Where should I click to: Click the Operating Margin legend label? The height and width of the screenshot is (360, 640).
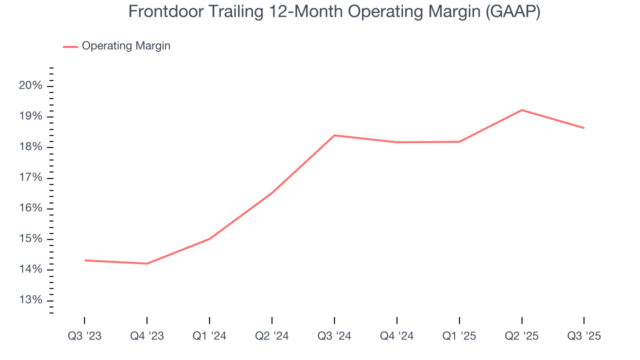pos(126,46)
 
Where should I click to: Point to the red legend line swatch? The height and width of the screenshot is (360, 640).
pos(70,46)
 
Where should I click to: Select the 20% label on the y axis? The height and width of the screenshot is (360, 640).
pos(30,86)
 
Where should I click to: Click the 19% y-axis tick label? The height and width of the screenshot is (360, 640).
pos(30,116)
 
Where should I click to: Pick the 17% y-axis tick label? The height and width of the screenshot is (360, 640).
pos(30,178)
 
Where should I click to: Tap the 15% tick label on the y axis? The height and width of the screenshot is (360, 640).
pos(30,239)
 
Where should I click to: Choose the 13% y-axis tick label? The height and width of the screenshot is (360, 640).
pos(30,300)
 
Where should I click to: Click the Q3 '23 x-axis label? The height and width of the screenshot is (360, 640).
pos(84,336)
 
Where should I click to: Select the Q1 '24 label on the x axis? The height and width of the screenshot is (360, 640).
pos(209,336)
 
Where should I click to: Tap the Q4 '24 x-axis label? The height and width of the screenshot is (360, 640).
pos(397,336)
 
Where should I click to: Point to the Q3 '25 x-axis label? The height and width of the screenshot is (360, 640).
pos(584,336)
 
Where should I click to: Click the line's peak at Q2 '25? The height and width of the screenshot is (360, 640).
pos(521,110)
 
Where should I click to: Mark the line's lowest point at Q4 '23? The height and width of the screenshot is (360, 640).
pos(147,263)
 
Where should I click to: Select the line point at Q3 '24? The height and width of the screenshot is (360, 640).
pos(334,135)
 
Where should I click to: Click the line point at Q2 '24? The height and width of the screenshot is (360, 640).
pos(271,192)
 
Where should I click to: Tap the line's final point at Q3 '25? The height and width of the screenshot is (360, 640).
pos(583,128)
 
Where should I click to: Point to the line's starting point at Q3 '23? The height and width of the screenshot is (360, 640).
pos(85,260)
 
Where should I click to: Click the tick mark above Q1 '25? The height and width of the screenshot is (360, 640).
pos(459,320)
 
